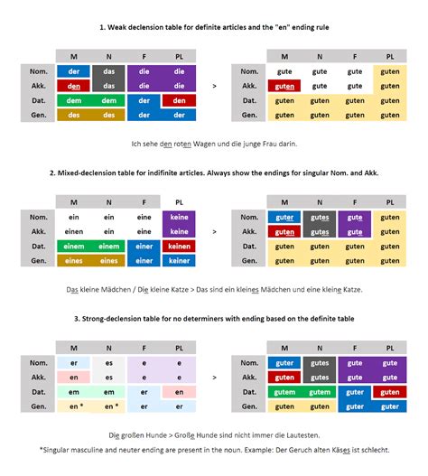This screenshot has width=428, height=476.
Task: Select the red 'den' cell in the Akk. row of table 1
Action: pyautogui.click(x=74, y=86)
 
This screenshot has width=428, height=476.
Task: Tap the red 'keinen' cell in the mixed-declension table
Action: pyautogui.click(x=179, y=246)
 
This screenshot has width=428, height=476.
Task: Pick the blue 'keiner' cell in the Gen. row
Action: pyautogui.click(x=179, y=260)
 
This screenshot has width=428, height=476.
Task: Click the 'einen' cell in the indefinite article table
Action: pyautogui.click(x=74, y=231)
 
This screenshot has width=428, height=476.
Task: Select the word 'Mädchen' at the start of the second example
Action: pyautogui.click(x=117, y=290)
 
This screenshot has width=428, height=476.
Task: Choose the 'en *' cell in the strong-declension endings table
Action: pyautogui.click(x=74, y=406)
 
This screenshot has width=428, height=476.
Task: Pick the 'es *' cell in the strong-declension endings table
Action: pyautogui.click(x=109, y=406)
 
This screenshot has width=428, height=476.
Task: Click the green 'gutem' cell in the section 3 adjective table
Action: pyautogui.click(x=285, y=392)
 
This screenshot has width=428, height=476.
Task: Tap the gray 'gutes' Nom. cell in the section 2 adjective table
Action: pyautogui.click(x=320, y=217)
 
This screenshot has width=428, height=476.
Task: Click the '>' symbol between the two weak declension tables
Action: pyautogui.click(x=214, y=87)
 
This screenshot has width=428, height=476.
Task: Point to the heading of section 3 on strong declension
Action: pyautogui.click(x=214, y=317)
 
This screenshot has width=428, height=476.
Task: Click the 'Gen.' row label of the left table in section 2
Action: pyautogui.click(x=39, y=260)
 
